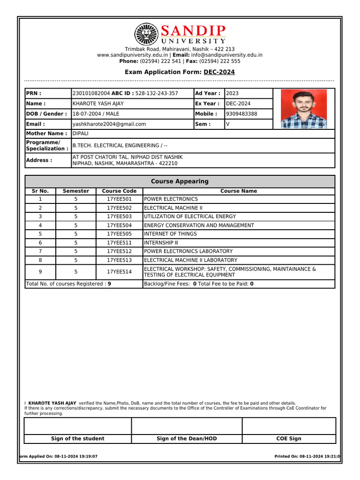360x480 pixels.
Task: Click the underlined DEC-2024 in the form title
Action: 219,72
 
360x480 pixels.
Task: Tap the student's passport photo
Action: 303,109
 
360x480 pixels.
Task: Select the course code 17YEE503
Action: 119,217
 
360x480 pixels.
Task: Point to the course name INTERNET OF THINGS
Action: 170,234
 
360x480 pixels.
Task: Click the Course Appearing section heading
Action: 180,181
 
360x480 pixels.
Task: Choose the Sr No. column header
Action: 40,191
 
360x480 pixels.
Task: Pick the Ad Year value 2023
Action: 232,93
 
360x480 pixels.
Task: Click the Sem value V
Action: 228,124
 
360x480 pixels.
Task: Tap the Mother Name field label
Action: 46,134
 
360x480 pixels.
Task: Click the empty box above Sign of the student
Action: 77,426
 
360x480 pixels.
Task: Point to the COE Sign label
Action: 289,439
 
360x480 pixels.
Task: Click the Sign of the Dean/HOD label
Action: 187,439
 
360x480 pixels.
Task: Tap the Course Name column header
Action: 239,191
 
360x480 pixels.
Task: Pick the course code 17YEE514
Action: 119,272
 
